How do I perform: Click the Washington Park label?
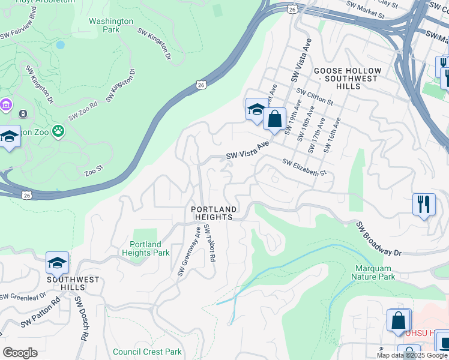(x=111, y=25)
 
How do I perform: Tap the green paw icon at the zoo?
(x=58, y=131)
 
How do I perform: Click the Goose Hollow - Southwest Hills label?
(x=346, y=79)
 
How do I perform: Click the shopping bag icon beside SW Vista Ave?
(x=274, y=119)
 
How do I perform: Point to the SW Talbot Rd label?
(x=209, y=243)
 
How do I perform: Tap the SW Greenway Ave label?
(x=189, y=251)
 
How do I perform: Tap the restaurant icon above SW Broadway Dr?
(x=424, y=204)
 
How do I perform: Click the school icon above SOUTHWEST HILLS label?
(x=57, y=263)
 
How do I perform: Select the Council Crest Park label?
(x=147, y=352)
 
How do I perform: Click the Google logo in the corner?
(x=20, y=353)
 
